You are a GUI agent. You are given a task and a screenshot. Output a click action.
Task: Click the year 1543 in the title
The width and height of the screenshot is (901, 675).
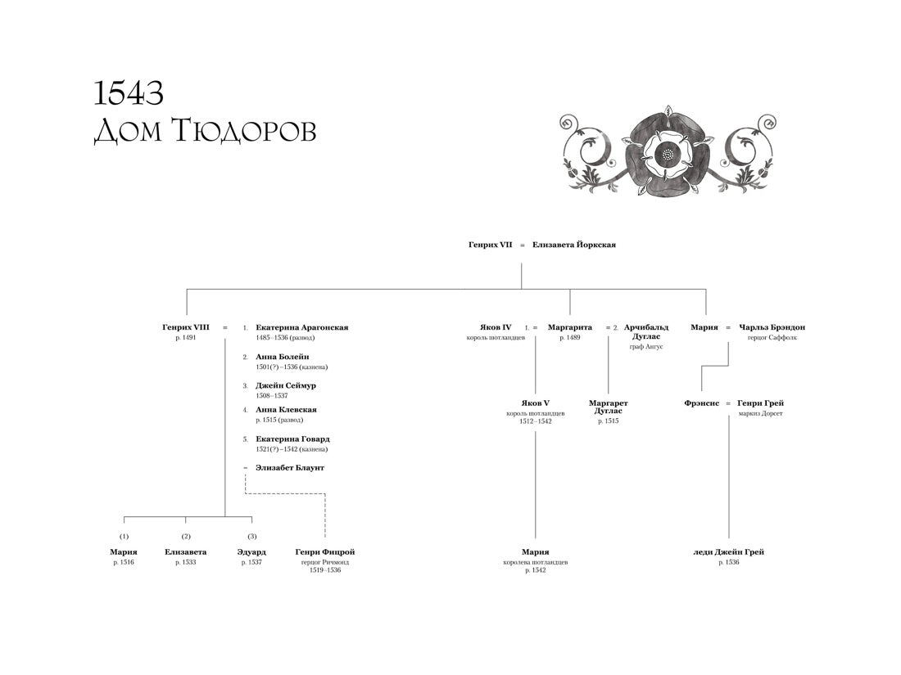click(129, 93)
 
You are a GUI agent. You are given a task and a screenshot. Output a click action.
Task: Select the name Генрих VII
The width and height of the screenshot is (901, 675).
click(490, 245)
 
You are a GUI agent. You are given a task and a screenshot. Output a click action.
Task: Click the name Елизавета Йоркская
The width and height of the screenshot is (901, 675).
click(573, 245)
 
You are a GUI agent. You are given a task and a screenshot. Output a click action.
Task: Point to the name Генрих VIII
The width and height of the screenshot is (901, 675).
click(186, 327)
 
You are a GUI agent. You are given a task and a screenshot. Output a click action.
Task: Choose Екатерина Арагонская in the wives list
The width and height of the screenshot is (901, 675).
click(301, 327)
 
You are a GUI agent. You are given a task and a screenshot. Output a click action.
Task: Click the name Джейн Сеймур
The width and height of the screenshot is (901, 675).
click(286, 385)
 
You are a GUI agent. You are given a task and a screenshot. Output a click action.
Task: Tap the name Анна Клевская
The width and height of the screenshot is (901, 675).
click(286, 410)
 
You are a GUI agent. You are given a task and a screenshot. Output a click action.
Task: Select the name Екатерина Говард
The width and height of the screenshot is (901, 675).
click(292, 439)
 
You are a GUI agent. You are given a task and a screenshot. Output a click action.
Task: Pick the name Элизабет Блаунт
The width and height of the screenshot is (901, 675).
click(290, 468)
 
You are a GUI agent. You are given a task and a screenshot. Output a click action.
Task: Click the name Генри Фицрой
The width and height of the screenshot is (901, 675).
click(325, 552)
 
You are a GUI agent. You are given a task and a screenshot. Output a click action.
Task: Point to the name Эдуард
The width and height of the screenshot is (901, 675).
click(251, 552)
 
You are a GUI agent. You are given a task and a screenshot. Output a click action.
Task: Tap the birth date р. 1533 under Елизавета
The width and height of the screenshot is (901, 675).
click(186, 563)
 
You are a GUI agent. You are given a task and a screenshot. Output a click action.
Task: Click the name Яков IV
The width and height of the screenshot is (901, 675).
click(496, 327)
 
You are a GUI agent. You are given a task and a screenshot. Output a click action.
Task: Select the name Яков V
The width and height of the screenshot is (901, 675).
click(535, 403)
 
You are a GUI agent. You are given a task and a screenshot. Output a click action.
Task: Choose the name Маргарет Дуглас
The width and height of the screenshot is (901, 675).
click(609, 407)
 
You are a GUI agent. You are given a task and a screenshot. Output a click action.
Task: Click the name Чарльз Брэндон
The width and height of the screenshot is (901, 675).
click(772, 327)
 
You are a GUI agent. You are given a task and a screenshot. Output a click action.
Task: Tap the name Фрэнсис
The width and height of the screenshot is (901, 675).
click(702, 403)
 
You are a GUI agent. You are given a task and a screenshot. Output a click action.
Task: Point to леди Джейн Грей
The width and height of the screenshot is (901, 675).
click(728, 552)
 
